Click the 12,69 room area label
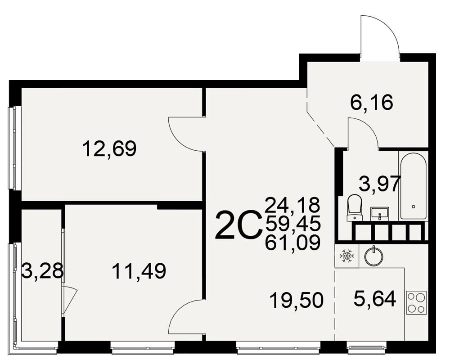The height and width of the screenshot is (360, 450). coord(109,148)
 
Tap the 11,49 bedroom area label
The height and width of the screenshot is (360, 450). coord(139,271)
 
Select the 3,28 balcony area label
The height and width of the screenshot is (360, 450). coord(42,271)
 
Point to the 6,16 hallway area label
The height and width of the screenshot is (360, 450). coord(372,103)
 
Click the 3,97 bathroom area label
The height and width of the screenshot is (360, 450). coord(380,184)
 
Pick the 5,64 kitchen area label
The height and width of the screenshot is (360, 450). coord(375,298)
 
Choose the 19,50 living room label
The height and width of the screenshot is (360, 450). coord(297,301)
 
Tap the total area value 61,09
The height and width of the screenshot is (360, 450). coord(292,243)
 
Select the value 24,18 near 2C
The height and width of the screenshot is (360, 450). coord(292,205)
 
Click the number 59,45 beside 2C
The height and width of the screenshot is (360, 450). coord(292,224)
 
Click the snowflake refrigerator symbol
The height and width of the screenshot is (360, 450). coord(346,256)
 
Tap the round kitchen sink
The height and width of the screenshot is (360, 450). coord(373,255)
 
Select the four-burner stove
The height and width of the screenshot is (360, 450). coord(416,302)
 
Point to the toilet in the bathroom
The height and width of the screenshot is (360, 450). coord(355,208)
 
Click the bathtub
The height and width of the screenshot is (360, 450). coord(413,186)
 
